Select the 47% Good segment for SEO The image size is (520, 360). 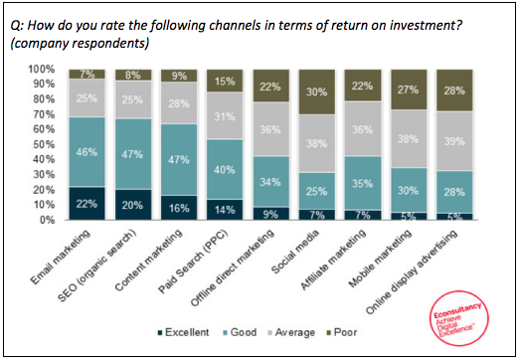tap(134, 153)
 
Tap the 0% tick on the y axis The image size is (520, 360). tap(47, 220)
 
